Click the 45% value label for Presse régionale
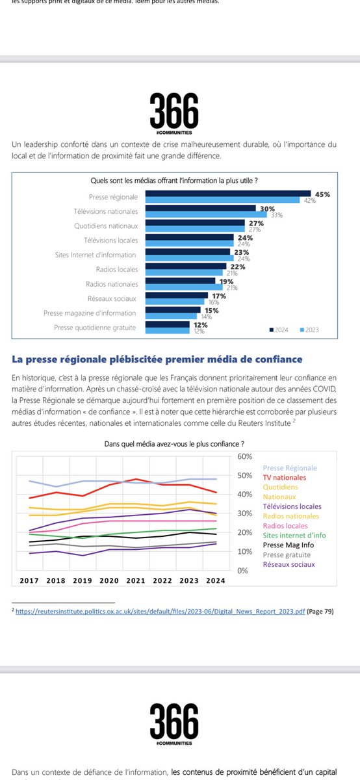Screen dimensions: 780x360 tap(323, 194)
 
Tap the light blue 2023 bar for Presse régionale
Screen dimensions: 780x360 tap(222, 200)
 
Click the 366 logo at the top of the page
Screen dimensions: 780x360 tap(173, 111)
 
